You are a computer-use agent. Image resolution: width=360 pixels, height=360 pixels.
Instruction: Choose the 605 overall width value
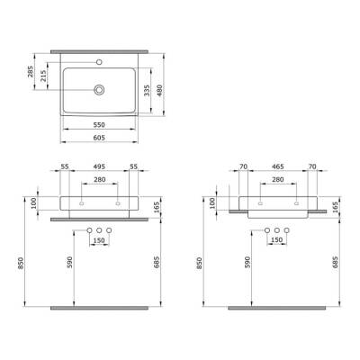(x=101, y=139)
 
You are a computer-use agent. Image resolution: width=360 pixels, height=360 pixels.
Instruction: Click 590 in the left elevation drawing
(x=73, y=264)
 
